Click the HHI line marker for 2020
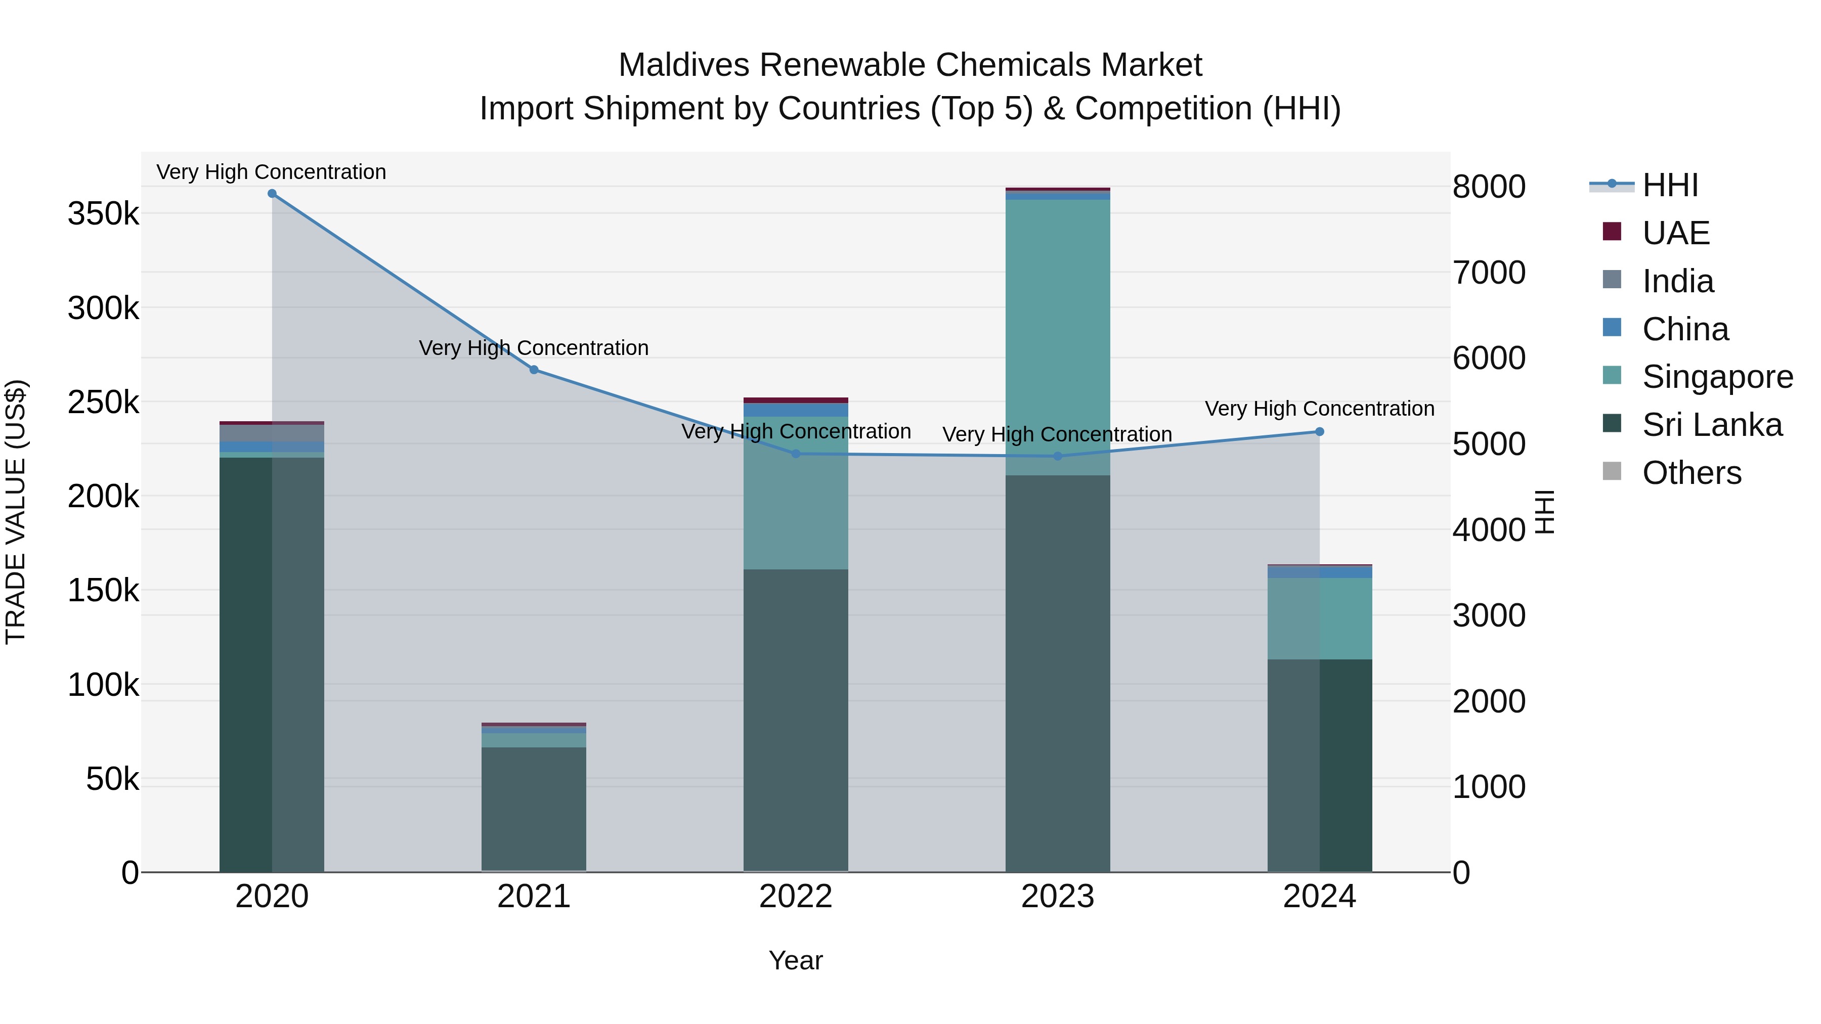pyautogui.click(x=272, y=194)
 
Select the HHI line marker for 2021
pyautogui.click(x=534, y=370)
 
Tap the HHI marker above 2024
pyautogui.click(x=1319, y=432)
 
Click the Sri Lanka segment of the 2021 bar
pyautogui.click(x=534, y=809)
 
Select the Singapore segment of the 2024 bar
pyautogui.click(x=1319, y=618)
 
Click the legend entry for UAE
pyautogui.click(x=1675, y=233)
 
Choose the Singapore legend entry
pyautogui.click(x=1716, y=377)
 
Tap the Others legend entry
pyautogui.click(x=1691, y=473)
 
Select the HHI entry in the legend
pyautogui.click(x=1669, y=185)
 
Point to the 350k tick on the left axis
pyautogui.click(x=104, y=213)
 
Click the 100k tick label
pyautogui.click(x=104, y=685)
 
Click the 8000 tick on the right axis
pyautogui.click(x=1489, y=187)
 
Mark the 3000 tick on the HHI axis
pyautogui.click(x=1489, y=615)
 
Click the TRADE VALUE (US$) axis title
pyautogui.click(x=16, y=512)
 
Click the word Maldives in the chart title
pyautogui.click(x=683, y=65)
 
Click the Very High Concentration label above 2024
pyautogui.click(x=1319, y=409)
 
